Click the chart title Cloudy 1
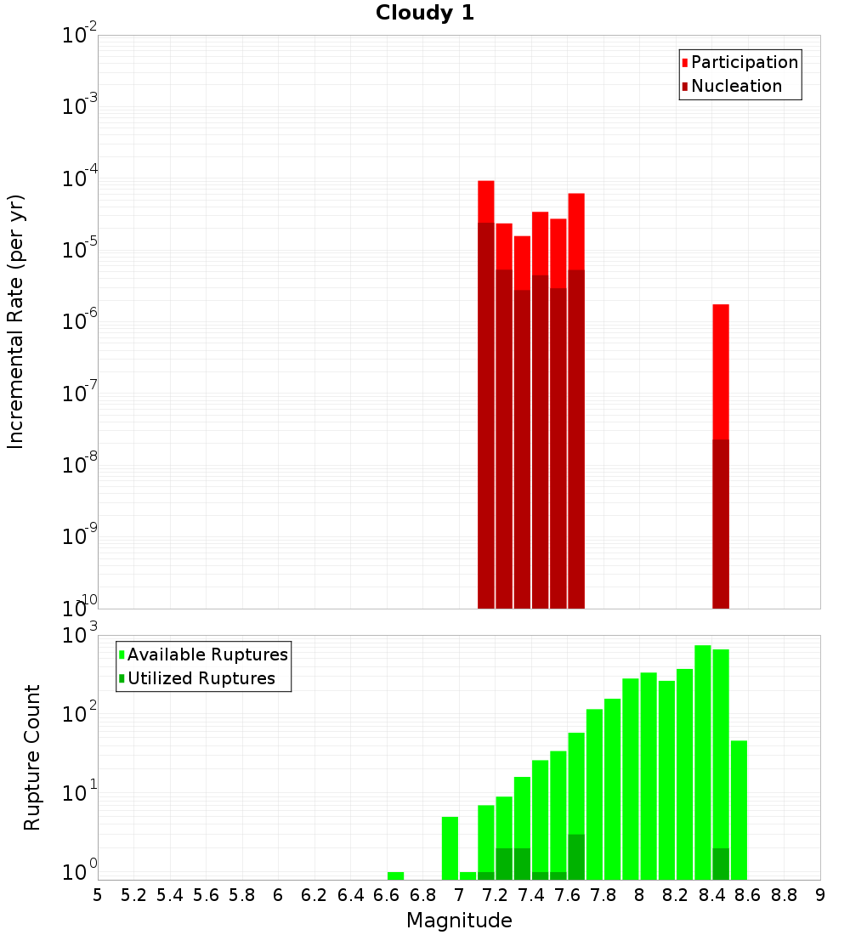pos(425,13)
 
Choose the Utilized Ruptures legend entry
pos(201,678)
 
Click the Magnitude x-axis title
pos(459,921)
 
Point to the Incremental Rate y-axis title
pos(16,322)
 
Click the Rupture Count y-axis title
pos(32,757)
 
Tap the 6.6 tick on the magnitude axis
pos(387,895)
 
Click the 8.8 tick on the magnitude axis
pos(785,895)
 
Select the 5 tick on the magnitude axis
pos(98,895)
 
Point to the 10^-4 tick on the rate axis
pos(80,178)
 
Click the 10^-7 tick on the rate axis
pos(80,394)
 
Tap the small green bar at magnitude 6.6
pos(396,875)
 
